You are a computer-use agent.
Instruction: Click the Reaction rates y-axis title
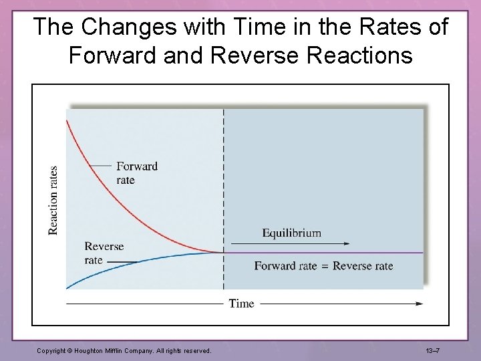click(x=53, y=200)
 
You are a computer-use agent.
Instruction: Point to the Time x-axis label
click(x=241, y=304)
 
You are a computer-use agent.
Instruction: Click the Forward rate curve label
click(x=136, y=172)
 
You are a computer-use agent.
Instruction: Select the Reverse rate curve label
click(x=104, y=253)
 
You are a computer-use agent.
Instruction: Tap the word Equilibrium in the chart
click(x=291, y=233)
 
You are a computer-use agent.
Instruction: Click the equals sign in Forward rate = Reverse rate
click(x=325, y=266)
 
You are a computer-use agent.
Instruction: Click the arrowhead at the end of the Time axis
click(x=419, y=304)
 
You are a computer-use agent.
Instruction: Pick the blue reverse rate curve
click(x=134, y=263)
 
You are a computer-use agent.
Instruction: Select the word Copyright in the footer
click(x=51, y=350)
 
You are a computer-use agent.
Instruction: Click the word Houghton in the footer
click(x=92, y=350)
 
